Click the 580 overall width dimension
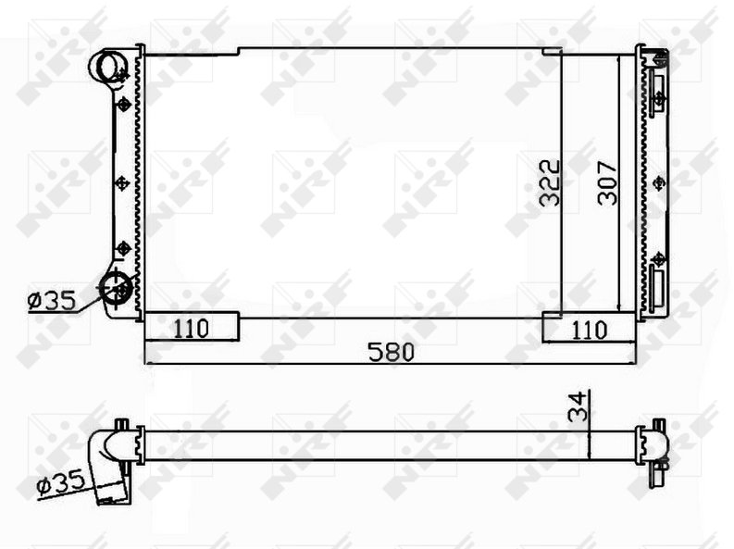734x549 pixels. coord(392,352)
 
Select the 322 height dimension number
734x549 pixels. coord(550,183)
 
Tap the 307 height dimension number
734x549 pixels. coord(607,183)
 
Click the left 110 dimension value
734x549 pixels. coord(191,329)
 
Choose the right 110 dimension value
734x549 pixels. coord(589,330)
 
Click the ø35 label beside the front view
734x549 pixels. coord(52,301)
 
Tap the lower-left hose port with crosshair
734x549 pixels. coord(116,287)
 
